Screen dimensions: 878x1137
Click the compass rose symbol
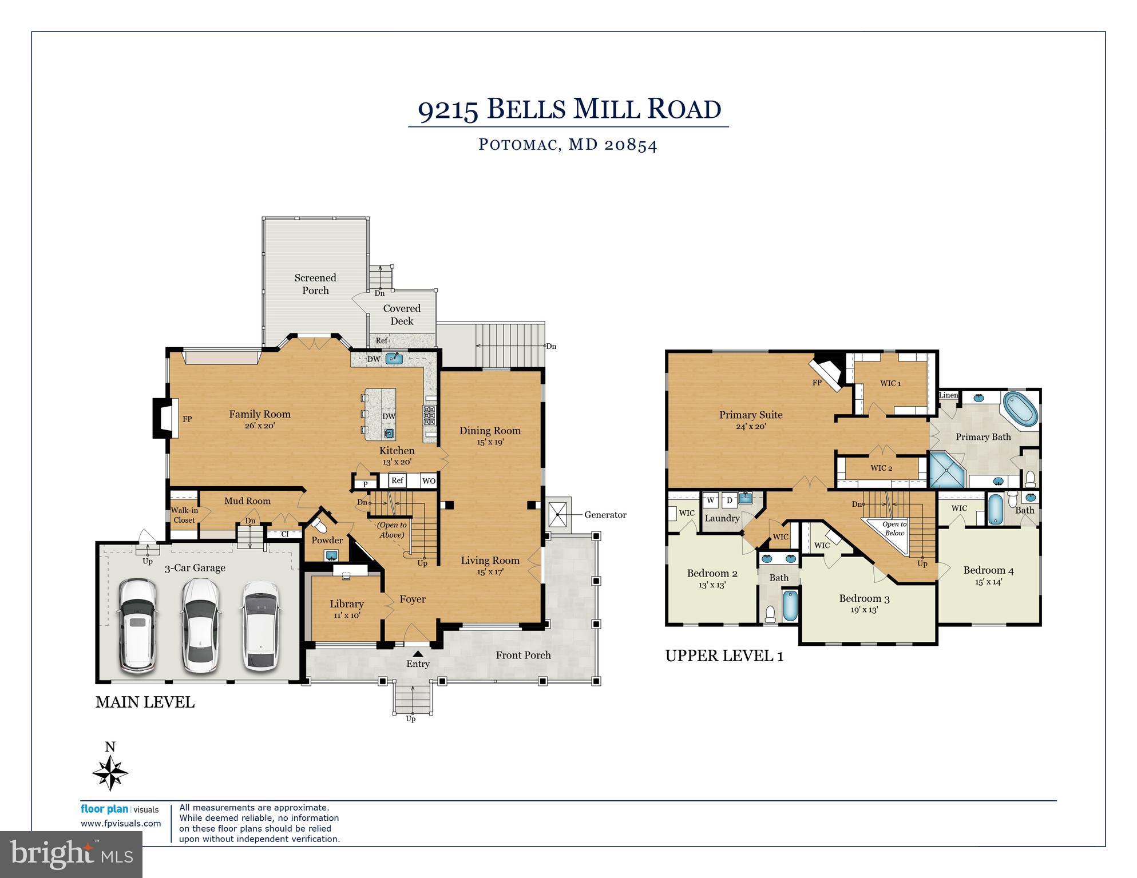[110, 772]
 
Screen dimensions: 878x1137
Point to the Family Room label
[260, 414]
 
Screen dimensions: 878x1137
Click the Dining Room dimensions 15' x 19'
[490, 442]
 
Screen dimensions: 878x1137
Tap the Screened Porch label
[315, 284]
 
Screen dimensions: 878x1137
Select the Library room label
[346, 604]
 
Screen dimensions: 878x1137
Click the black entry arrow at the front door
[418, 653]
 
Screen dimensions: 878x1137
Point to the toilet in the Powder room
[318, 525]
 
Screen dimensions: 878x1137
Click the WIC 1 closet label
[890, 383]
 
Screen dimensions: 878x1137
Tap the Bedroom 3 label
[864, 599]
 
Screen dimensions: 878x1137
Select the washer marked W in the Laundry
[711, 500]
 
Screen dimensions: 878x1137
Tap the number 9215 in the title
[448, 110]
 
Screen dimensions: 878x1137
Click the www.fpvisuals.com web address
[121, 824]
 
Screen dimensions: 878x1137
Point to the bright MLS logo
[71, 854]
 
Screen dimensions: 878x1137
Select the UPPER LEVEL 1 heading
[724, 656]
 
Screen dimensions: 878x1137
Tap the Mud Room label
[247, 501]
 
